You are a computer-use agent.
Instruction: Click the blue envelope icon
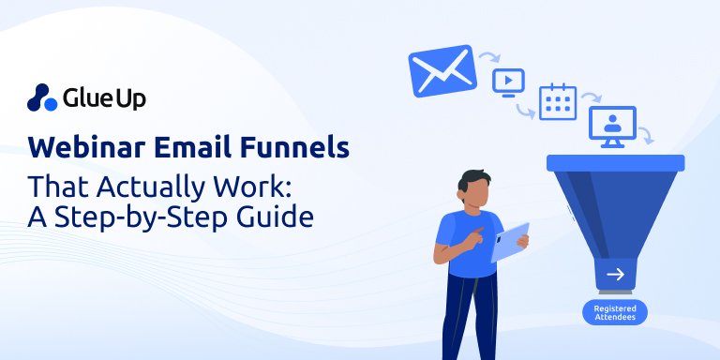point(438,71)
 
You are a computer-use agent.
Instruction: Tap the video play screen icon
point(508,82)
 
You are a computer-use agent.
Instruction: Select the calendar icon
point(557,102)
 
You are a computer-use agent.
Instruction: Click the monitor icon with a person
point(612,127)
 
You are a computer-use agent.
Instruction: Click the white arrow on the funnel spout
point(615,275)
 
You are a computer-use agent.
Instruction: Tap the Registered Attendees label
point(614,312)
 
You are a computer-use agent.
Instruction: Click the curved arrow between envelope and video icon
point(488,59)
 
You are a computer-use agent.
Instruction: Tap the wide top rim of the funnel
point(615,162)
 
